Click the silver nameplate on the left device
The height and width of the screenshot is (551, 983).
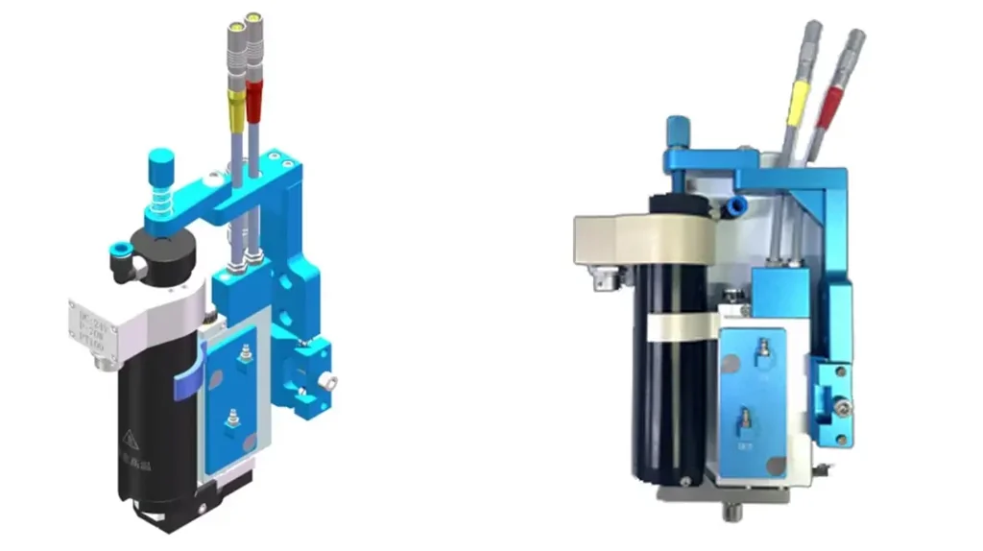[x=92, y=332]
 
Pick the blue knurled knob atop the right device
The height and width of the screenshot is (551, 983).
[x=680, y=128]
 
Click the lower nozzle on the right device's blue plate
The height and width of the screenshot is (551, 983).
[x=745, y=419]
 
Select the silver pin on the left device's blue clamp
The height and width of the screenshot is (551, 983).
[x=331, y=381]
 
